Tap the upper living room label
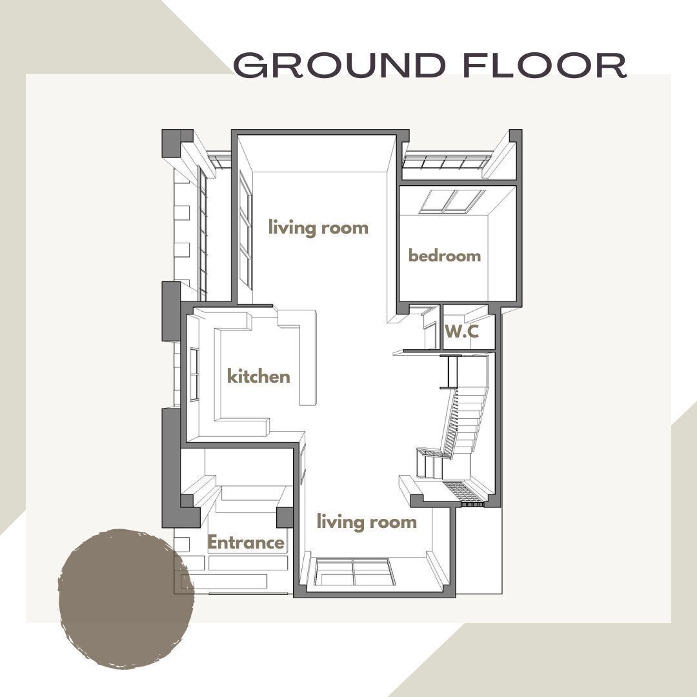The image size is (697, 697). coord(318,228)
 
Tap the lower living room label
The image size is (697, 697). coord(366,521)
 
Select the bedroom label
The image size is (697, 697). coord(445,256)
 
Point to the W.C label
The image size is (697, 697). coord(461,332)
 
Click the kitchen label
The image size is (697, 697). coord(258,376)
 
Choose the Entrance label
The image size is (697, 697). coord(245,543)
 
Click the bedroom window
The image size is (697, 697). coord(452,201)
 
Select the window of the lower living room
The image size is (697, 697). coord(352,572)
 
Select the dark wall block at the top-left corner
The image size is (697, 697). coord(176,143)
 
